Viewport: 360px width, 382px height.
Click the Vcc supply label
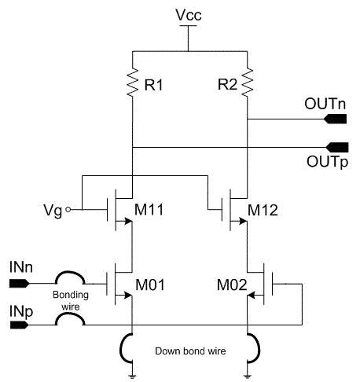click(189, 15)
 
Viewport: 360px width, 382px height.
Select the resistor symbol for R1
click(133, 82)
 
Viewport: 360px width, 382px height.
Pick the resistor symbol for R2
click(248, 82)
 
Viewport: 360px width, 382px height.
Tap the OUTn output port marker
click(335, 119)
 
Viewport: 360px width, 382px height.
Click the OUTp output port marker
click(337, 147)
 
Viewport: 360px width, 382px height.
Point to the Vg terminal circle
click(68, 209)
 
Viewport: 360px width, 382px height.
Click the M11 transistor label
click(149, 210)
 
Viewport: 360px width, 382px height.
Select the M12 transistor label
click(263, 210)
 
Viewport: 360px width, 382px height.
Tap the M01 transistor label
click(150, 285)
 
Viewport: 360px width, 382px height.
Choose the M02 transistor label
click(232, 285)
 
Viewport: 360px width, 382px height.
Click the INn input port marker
click(19, 284)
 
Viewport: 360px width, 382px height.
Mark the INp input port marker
click(19, 325)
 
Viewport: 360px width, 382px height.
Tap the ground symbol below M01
click(133, 377)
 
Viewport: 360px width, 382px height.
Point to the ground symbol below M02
click(247, 377)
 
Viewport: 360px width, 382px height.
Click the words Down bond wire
click(190, 351)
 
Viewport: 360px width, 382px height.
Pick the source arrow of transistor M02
click(252, 296)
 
